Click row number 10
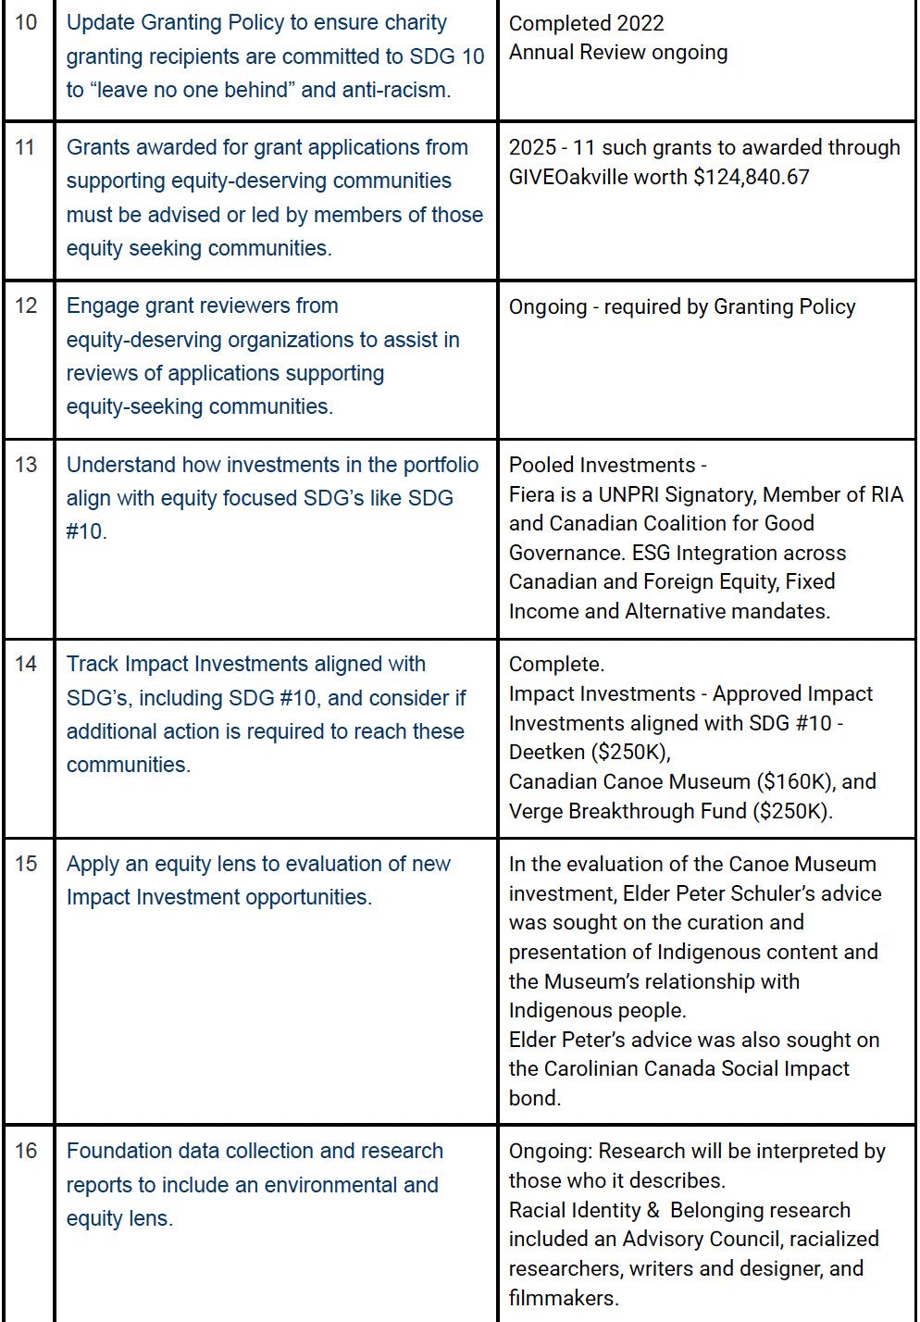[26, 22]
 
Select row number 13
[26, 465]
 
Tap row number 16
[26, 1151]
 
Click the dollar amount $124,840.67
[751, 177]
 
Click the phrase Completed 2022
[586, 23]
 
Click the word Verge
[535, 811]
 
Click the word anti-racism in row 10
[396, 90]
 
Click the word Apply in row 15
[93, 864]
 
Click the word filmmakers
[563, 1298]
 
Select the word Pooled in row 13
[541, 465]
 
